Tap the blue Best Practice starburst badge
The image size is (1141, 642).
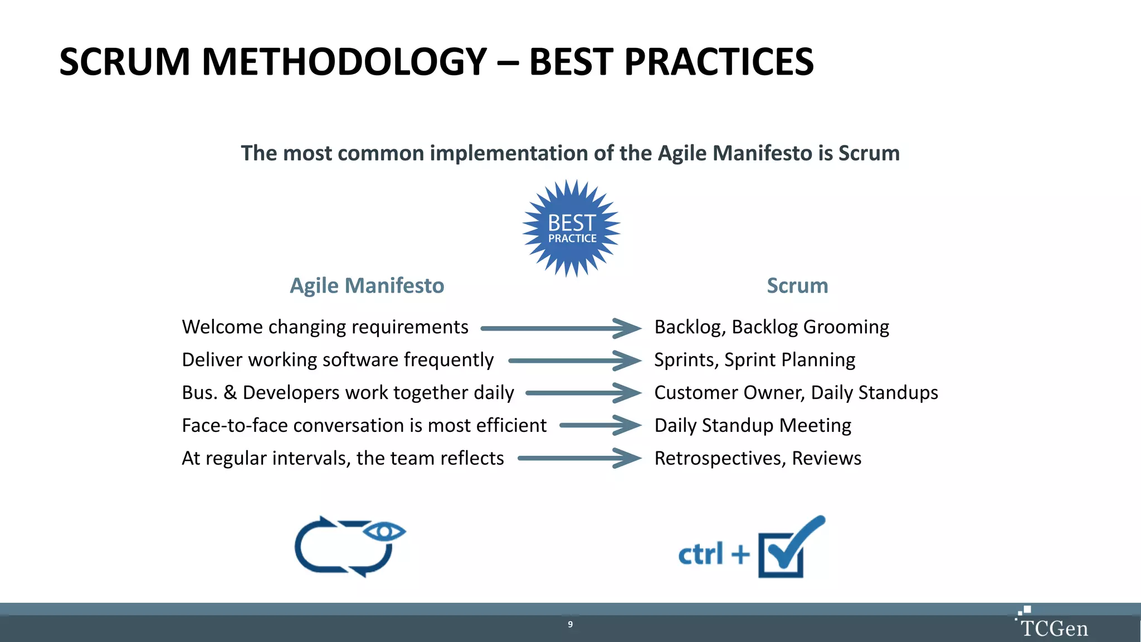coord(572,228)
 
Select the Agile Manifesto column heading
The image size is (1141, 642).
coord(367,285)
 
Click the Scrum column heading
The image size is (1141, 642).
coord(797,285)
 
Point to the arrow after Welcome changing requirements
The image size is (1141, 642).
coord(560,328)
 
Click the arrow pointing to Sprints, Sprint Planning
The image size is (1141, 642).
coord(574,361)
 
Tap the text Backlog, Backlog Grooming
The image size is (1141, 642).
coord(772,327)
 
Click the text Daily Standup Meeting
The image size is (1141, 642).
coord(753,426)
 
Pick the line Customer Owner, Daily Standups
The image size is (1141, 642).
coord(796,393)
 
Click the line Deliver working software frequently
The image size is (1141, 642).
coord(338,360)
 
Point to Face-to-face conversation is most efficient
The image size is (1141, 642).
coord(364,426)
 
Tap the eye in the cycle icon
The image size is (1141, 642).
coord(384,532)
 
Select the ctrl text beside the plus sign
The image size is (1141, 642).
coord(701,554)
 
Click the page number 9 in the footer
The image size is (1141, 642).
coord(570,624)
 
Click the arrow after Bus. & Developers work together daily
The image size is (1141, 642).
coord(582,393)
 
